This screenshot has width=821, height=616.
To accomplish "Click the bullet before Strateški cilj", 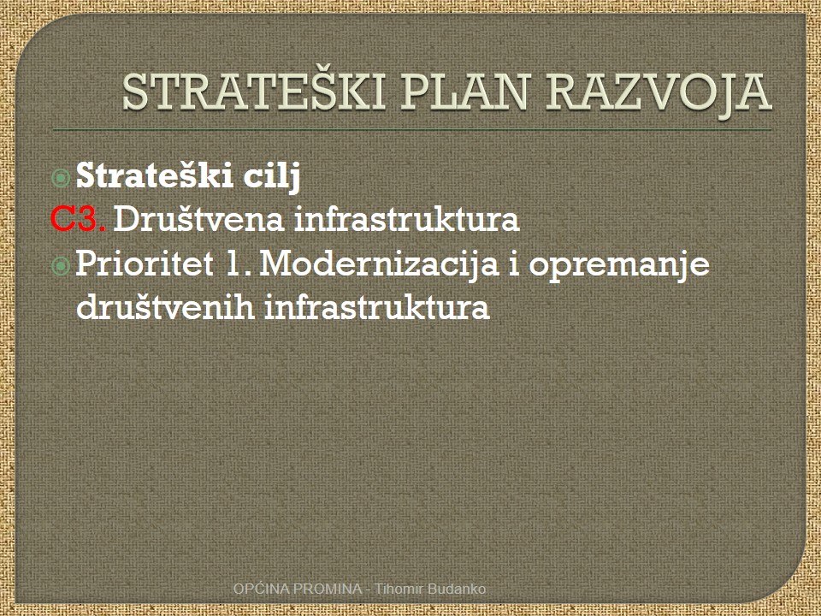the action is (62, 178).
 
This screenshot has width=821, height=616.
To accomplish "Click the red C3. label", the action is (78, 219).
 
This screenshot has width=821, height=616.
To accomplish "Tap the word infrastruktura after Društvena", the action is (407, 218).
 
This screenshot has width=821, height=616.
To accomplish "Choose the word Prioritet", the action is (145, 263).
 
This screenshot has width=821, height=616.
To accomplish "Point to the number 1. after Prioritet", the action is (238, 264).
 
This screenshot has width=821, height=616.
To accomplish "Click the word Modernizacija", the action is (379, 264).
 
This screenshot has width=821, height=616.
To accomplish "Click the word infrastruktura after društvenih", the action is (377, 306).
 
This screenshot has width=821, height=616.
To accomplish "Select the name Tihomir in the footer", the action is (399, 589).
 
